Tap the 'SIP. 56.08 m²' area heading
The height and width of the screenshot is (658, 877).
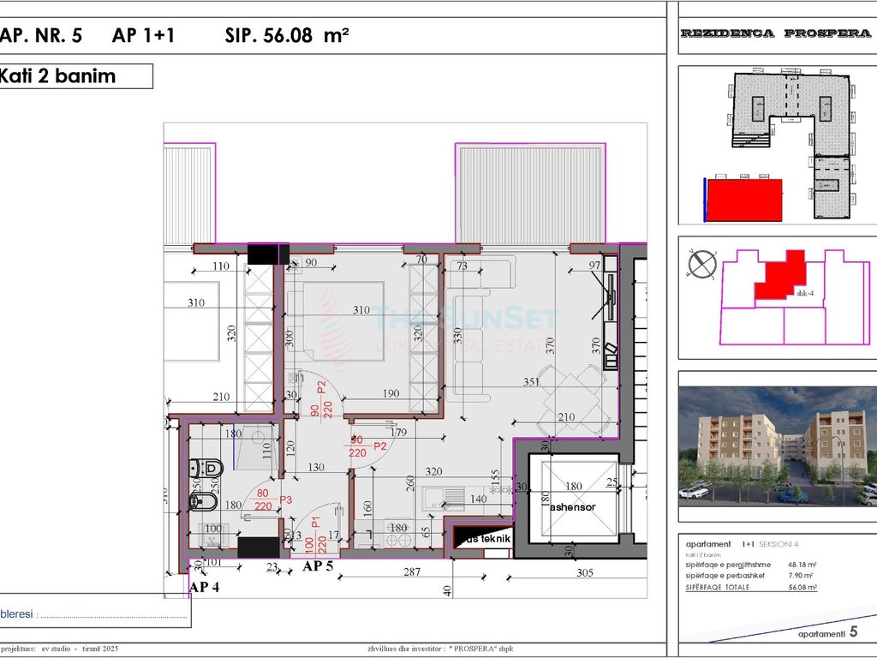(x=286, y=35)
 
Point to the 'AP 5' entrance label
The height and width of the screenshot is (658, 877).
(x=318, y=566)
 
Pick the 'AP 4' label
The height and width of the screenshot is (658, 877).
(x=206, y=587)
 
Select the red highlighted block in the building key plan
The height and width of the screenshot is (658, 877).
(x=743, y=200)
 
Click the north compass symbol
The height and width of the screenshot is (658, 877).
(x=701, y=263)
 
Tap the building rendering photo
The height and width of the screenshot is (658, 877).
(x=777, y=446)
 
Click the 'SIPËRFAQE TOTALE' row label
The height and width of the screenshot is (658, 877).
(x=718, y=587)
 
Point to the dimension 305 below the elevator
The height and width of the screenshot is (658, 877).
(x=585, y=572)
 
